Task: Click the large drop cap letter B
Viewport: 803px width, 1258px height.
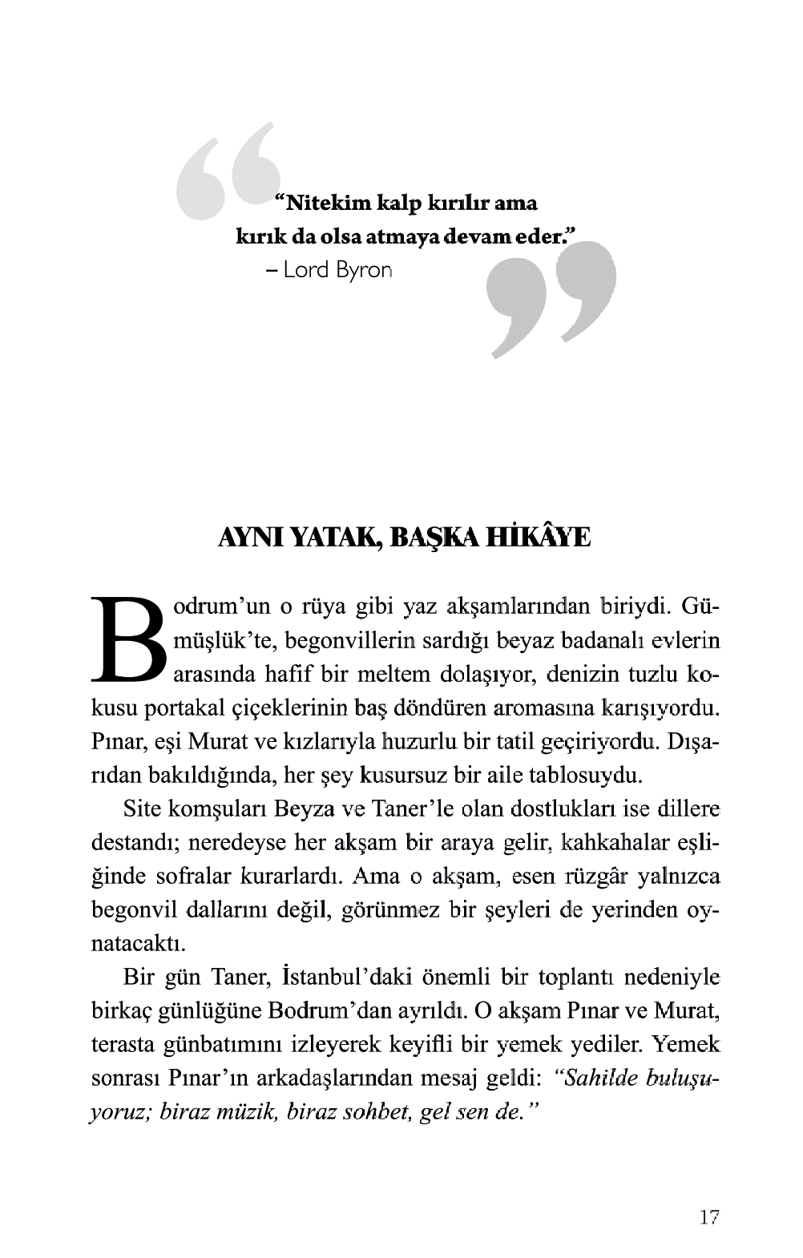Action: [129, 640]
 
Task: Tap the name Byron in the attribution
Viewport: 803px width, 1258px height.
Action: [364, 270]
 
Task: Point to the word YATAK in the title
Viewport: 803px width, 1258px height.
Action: [333, 537]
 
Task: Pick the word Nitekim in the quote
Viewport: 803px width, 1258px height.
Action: [329, 204]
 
